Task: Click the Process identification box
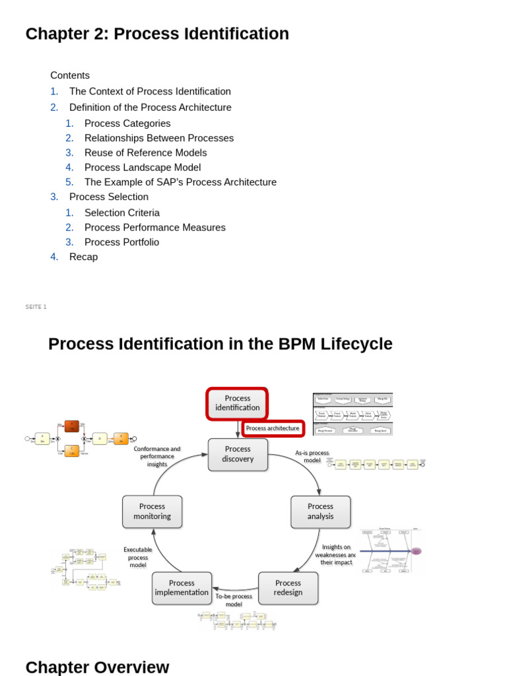point(237,403)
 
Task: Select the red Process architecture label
point(273,428)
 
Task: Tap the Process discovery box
point(238,454)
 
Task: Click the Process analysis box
point(320,512)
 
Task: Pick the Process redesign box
point(288,588)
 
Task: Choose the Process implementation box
point(182,588)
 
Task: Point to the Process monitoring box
point(152,512)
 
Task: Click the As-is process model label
point(312,457)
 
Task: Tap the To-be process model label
point(234,600)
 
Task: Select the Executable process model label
point(138,557)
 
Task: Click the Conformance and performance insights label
point(157,456)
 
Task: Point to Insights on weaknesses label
point(336,555)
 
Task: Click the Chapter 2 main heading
point(157,34)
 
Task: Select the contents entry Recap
point(83,257)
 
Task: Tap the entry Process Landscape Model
point(143,168)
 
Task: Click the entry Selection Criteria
point(122,213)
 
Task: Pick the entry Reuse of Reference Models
point(145,152)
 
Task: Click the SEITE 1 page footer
point(36,307)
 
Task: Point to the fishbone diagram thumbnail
point(391,550)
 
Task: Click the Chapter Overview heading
point(97,667)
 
